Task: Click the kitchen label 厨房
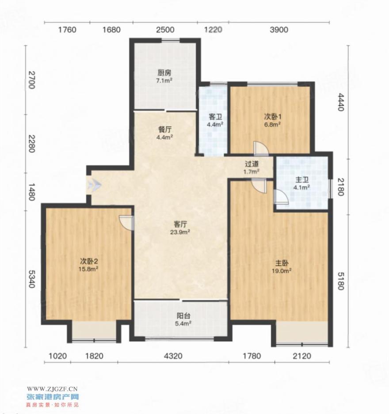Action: coord(164,72)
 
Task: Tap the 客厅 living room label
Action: coord(180,224)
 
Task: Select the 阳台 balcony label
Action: coord(183,315)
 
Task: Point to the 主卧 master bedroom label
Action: coord(282,263)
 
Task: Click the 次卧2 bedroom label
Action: coord(89,262)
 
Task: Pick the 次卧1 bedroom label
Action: coord(273,117)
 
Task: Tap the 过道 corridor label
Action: coord(252,164)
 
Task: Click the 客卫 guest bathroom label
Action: coord(215,117)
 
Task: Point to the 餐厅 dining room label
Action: coord(165,129)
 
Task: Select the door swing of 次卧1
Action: coord(261,148)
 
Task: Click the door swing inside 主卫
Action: coord(281,197)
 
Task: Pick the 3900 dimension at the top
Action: coord(279,30)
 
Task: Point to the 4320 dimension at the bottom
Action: coord(173,356)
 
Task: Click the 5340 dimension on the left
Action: coord(31,279)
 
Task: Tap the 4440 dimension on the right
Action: coord(341,102)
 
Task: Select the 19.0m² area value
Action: coord(282,271)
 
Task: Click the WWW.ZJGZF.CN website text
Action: coord(52,388)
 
